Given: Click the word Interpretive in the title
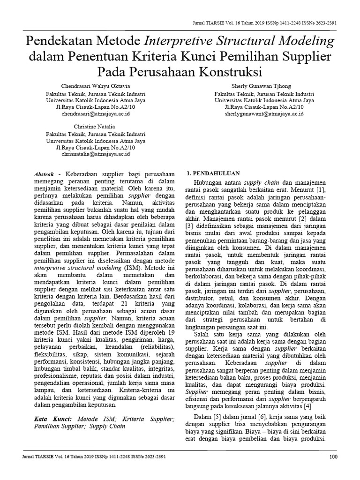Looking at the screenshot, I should (x=186, y=41).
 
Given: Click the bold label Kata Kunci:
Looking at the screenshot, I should (x=53, y=418).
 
